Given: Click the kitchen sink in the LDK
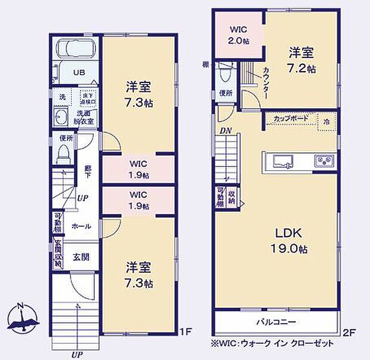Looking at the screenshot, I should click(x=281, y=160).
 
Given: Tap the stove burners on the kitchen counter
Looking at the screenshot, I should click(x=325, y=160).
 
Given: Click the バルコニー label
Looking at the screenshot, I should click(x=277, y=322).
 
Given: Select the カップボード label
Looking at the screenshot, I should click(x=291, y=118).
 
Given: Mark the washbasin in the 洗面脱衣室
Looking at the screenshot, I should click(x=60, y=116).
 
